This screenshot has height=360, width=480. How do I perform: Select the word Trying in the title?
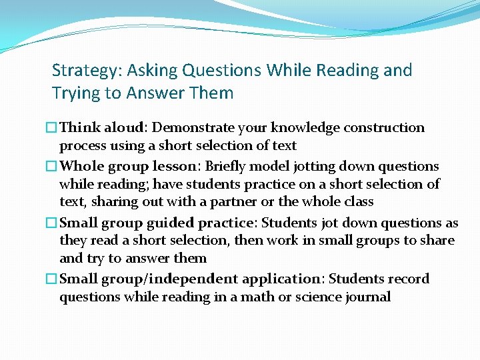[75, 93]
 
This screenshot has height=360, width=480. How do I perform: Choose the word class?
[357, 201]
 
